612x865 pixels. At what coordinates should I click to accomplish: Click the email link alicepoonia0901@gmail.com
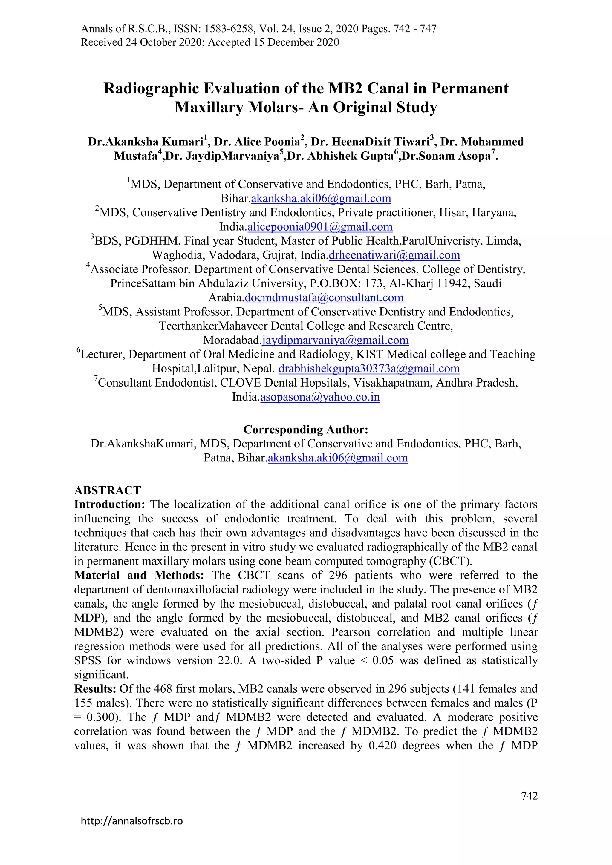(320, 227)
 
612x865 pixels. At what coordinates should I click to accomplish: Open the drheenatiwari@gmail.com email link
(394, 255)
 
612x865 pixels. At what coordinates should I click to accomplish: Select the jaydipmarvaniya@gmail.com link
(335, 340)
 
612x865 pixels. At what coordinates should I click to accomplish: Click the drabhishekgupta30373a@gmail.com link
(369, 369)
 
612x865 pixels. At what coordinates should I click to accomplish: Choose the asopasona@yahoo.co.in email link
(320, 397)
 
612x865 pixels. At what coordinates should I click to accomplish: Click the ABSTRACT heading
(107, 490)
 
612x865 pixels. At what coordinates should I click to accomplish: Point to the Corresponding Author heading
(306, 430)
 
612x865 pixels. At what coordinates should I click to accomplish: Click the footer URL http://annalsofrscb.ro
(132, 821)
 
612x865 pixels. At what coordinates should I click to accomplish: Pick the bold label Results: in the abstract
(95, 689)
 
